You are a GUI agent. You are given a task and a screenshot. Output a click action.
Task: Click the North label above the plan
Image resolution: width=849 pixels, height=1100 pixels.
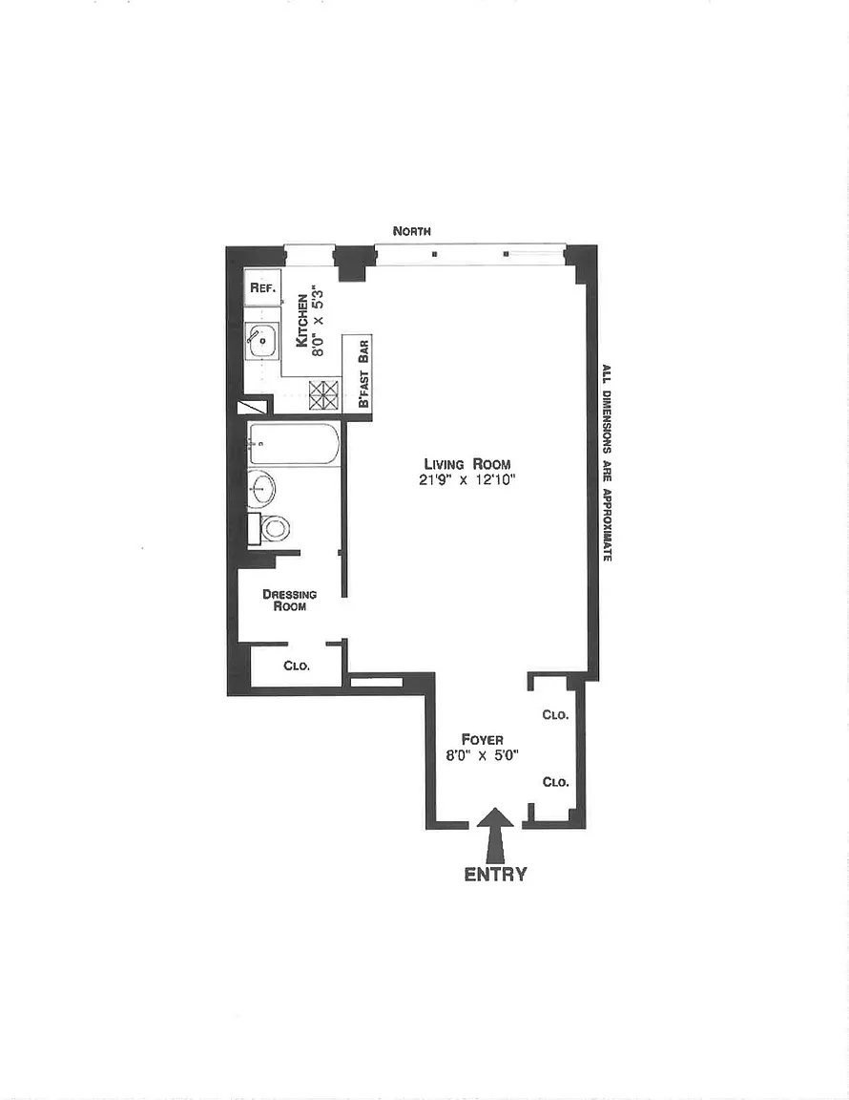(411, 231)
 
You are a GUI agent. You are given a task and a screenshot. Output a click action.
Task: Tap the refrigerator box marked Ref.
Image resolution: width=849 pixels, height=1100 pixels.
(263, 287)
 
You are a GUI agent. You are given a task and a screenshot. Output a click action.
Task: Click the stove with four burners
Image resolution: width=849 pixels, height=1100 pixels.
(324, 395)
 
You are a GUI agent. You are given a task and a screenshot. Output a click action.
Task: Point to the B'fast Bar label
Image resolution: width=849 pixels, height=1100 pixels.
(363, 374)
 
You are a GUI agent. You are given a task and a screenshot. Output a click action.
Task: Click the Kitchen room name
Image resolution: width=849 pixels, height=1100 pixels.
(302, 321)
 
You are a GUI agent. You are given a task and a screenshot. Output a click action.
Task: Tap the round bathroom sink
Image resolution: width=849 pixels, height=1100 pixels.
(261, 488)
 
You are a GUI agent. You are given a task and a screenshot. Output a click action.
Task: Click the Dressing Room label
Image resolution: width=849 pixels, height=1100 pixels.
(290, 600)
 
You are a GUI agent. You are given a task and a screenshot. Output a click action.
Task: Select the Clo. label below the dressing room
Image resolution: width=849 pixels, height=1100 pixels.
(297, 665)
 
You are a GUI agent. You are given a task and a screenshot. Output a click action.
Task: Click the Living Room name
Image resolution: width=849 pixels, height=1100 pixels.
(466, 464)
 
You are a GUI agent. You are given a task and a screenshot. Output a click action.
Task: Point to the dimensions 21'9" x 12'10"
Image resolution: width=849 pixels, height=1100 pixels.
(467, 480)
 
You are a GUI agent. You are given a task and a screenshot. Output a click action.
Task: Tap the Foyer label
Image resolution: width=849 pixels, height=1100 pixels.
(483, 739)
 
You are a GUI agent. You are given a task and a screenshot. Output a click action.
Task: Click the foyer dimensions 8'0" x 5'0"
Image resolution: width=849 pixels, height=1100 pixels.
(482, 755)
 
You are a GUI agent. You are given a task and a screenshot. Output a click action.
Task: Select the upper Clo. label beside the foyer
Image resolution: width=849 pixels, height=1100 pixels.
(555, 715)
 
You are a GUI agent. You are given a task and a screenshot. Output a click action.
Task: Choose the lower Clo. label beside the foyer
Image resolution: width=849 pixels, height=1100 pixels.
(555, 782)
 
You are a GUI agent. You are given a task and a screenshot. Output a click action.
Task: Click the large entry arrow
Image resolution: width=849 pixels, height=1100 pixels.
(496, 835)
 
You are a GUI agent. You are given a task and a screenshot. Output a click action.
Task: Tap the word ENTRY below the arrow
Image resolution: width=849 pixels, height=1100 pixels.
(495, 874)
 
